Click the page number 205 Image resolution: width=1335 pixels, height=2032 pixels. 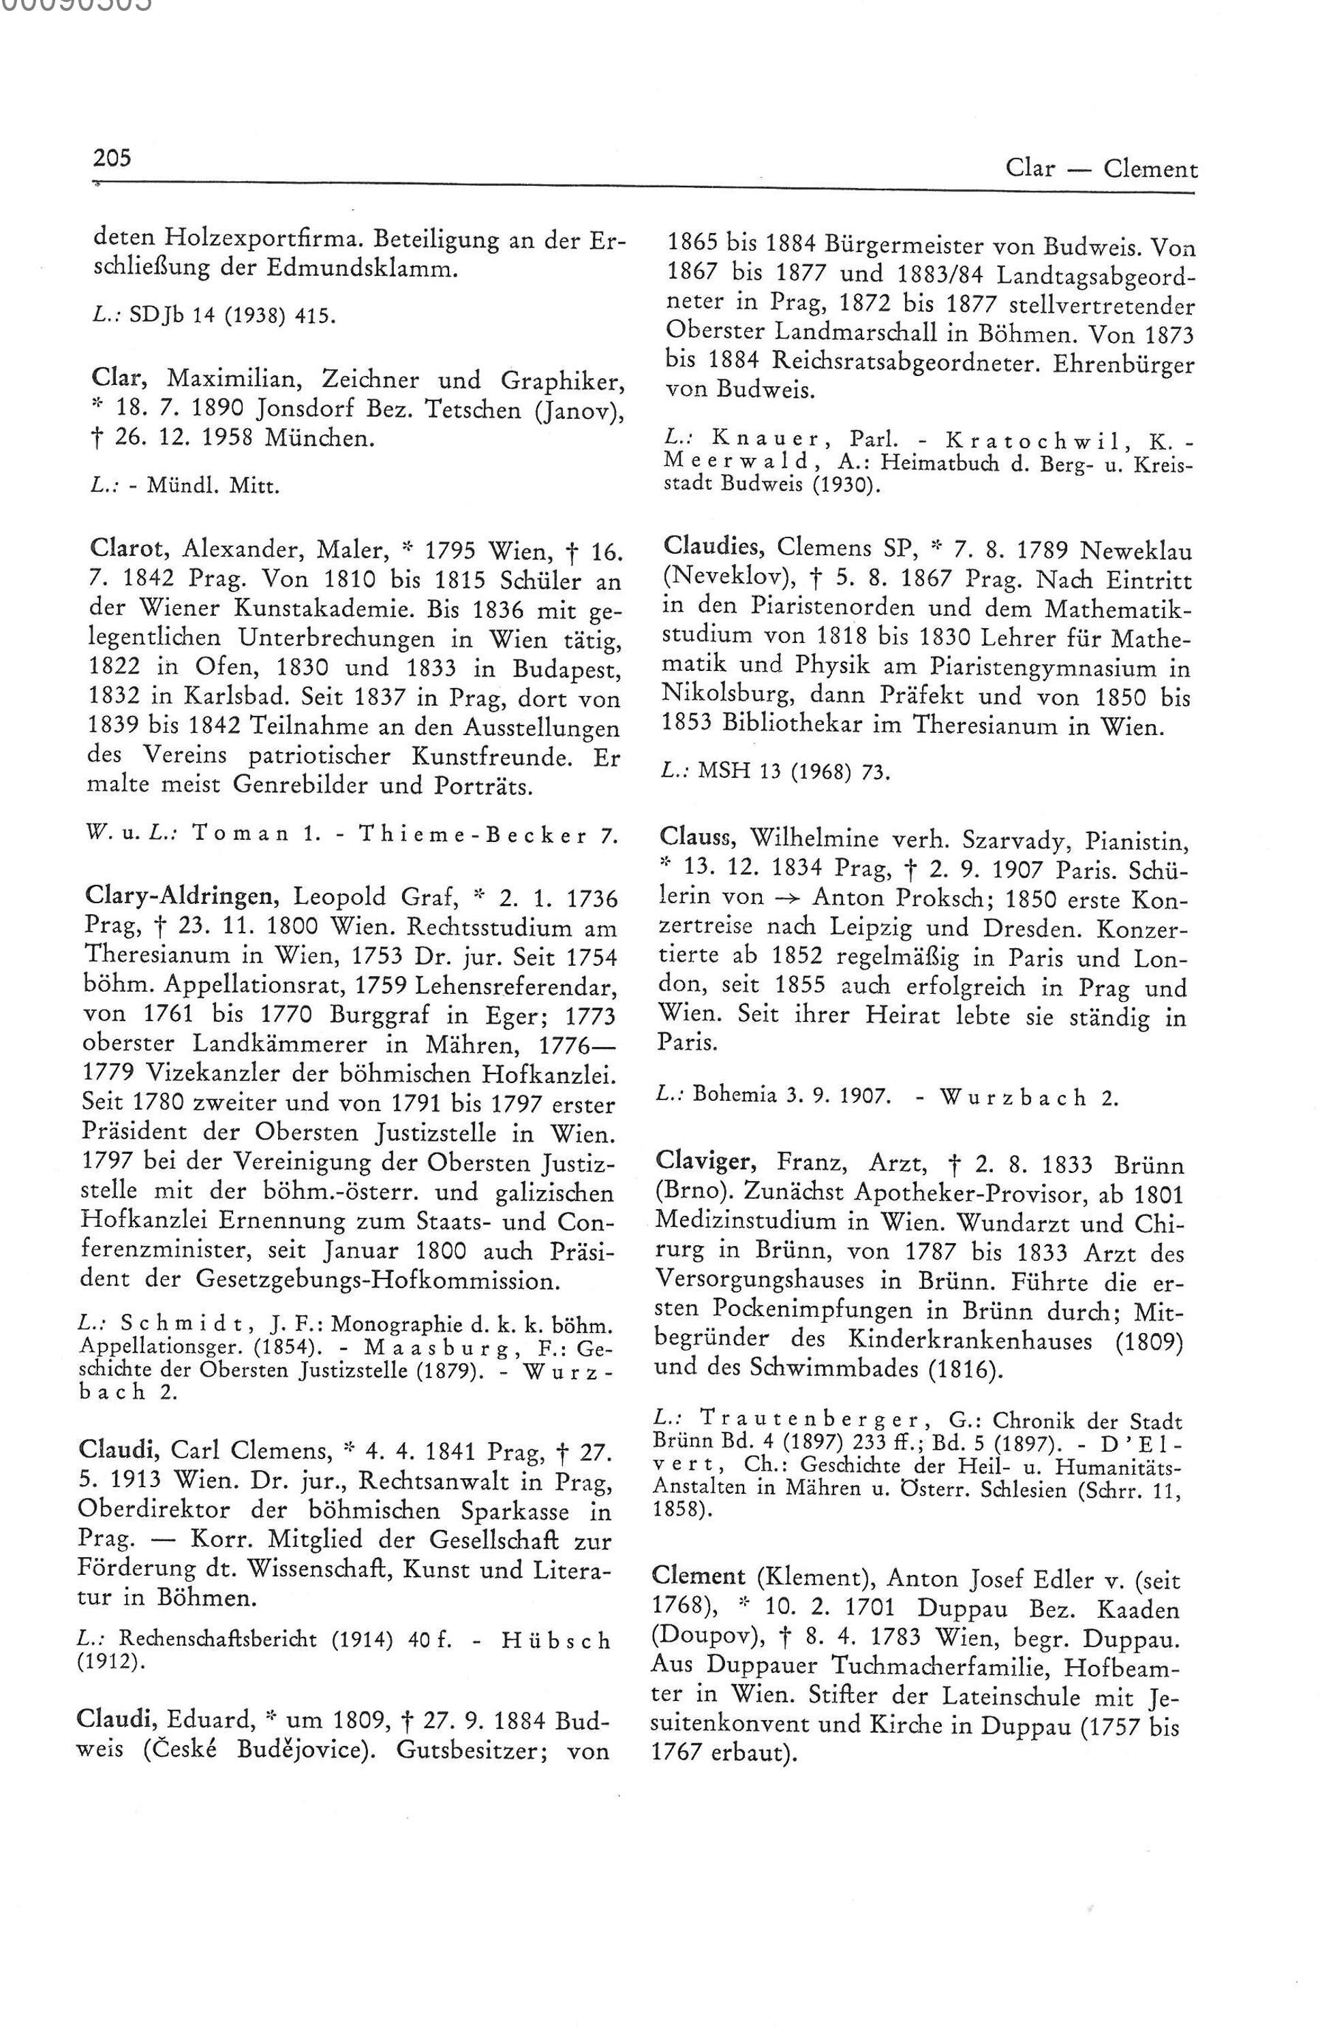pyautogui.click(x=112, y=159)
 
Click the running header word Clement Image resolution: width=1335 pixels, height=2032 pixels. pyautogui.click(x=1150, y=169)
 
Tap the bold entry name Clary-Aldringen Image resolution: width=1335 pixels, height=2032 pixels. pyautogui.click(x=183, y=897)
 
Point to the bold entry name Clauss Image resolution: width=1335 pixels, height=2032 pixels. pyautogui.click(x=690, y=841)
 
